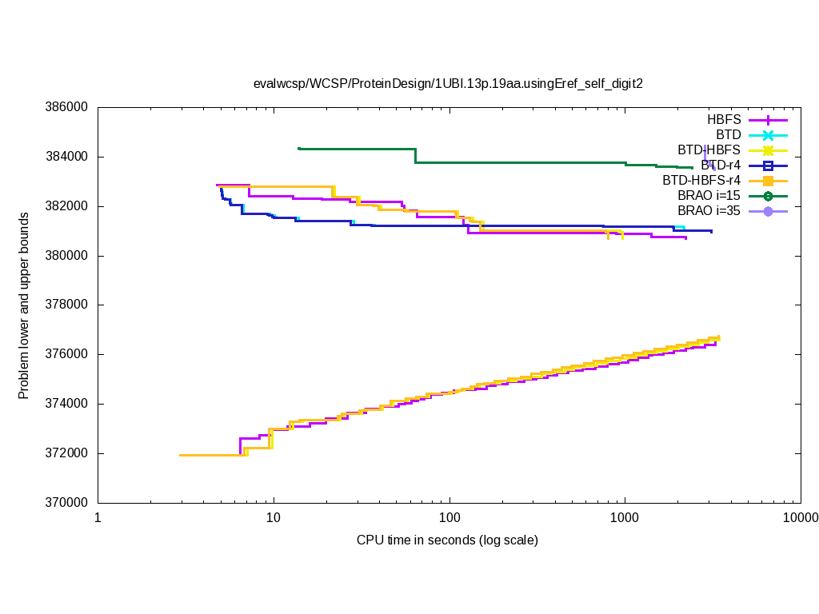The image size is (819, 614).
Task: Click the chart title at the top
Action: [448, 83]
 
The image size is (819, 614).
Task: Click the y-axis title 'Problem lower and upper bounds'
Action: [25, 305]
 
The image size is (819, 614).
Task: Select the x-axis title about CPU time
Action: [447, 540]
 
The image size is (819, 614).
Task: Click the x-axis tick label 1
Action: [98, 517]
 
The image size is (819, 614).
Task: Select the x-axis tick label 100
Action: [449, 517]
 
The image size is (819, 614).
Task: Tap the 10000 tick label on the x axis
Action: [799, 517]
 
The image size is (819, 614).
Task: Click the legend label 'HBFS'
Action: [724, 119]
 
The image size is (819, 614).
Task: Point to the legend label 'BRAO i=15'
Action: [709, 195]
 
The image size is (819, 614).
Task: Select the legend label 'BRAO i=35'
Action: [709, 210]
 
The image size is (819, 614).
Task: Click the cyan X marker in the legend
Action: [768, 134]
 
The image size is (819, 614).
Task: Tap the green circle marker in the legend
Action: [768, 195]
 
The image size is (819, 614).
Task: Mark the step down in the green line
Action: [416, 156]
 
